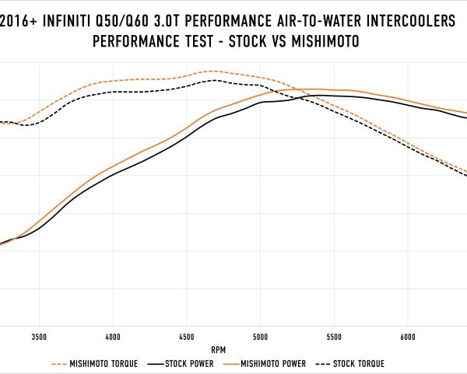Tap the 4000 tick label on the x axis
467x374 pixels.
click(113, 337)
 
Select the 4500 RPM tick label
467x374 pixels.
click(186, 337)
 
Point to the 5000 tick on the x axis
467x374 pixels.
click(260, 337)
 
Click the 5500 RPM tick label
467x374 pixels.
click(333, 337)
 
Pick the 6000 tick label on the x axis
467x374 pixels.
click(406, 337)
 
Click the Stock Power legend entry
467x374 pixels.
click(184, 363)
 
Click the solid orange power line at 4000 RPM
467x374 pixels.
click(113, 167)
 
